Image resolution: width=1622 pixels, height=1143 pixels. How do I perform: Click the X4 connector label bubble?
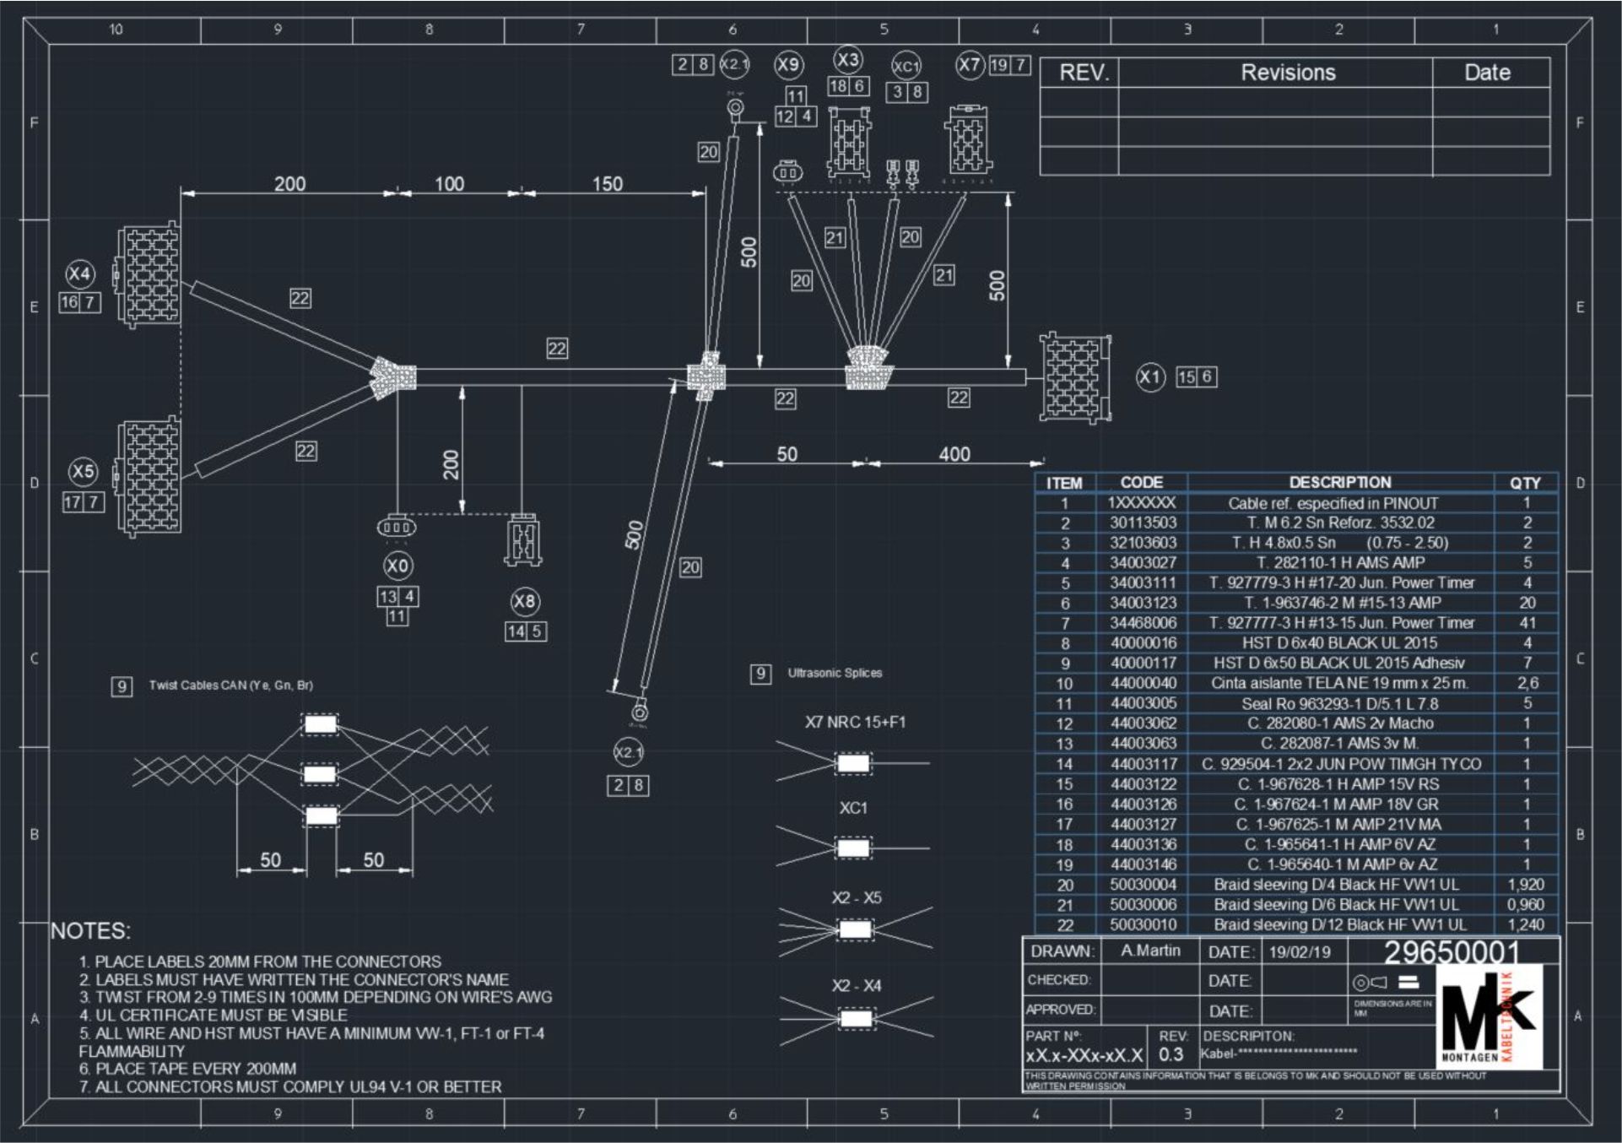tap(79, 274)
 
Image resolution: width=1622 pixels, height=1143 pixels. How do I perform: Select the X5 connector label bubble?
tap(83, 471)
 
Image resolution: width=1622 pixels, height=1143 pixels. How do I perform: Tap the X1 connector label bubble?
tap(1149, 376)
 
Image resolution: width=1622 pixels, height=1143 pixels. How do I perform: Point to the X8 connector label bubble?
tap(524, 601)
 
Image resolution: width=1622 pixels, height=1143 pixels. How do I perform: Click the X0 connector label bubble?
tap(397, 565)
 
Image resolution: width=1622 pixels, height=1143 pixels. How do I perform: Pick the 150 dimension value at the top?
tap(607, 184)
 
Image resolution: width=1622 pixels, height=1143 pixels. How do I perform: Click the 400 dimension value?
tap(954, 454)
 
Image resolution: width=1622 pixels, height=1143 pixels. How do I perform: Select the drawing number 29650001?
tap(1452, 952)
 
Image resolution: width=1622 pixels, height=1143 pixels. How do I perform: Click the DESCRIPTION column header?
tap(1339, 483)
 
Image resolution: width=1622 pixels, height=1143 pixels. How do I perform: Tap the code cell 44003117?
tap(1143, 764)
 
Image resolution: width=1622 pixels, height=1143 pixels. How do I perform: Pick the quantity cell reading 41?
tap(1527, 623)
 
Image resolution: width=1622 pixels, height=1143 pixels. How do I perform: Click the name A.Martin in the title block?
tap(1150, 951)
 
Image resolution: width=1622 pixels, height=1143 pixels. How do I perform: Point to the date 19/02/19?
tap(1300, 952)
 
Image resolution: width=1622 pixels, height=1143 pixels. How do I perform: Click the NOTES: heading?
tap(90, 931)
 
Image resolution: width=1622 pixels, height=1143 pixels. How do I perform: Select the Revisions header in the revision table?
tap(1288, 73)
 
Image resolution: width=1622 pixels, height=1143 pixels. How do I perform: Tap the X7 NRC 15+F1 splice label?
tap(854, 723)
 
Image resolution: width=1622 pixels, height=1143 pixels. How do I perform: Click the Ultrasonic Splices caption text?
tap(835, 673)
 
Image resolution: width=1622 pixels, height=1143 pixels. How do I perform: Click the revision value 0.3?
tap(1171, 1054)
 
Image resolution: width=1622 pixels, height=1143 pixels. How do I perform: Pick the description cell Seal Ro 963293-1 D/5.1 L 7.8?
tap(1339, 704)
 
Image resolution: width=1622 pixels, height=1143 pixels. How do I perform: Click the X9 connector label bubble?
tap(788, 65)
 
